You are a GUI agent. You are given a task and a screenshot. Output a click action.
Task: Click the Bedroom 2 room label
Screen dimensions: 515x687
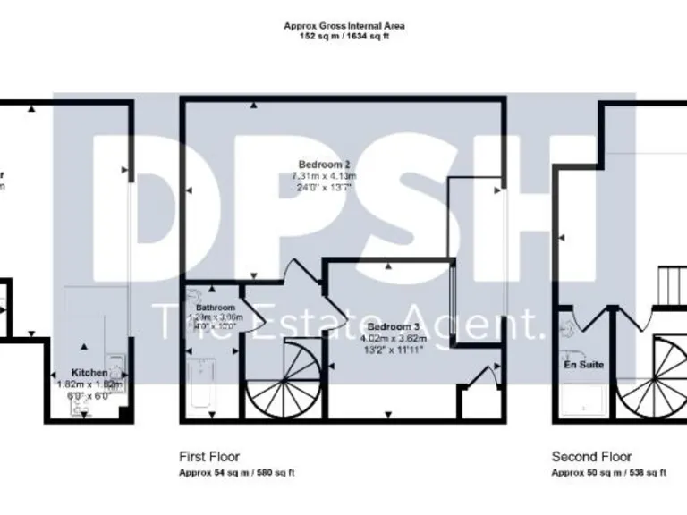pyautogui.click(x=322, y=165)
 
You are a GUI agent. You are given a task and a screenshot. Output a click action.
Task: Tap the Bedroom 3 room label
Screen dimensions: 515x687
pyautogui.click(x=392, y=327)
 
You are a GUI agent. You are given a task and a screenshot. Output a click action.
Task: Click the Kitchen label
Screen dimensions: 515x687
pyautogui.click(x=89, y=372)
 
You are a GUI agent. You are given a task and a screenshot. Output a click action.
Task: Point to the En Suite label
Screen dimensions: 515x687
pyautogui.click(x=583, y=365)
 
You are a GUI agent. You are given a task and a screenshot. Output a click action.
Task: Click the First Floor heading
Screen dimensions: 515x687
pyautogui.click(x=209, y=456)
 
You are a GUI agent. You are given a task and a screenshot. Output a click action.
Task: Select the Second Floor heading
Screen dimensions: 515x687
pyautogui.click(x=591, y=456)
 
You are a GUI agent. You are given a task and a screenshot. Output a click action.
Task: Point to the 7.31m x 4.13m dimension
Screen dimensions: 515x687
pyautogui.click(x=322, y=176)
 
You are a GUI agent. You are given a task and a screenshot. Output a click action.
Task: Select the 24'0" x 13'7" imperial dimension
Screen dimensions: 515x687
pyautogui.click(x=322, y=188)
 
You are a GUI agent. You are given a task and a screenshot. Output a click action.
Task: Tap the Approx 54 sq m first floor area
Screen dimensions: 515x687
pyautogui.click(x=236, y=472)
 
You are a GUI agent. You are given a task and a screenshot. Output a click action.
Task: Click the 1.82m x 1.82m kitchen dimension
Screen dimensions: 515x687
pyautogui.click(x=89, y=384)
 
